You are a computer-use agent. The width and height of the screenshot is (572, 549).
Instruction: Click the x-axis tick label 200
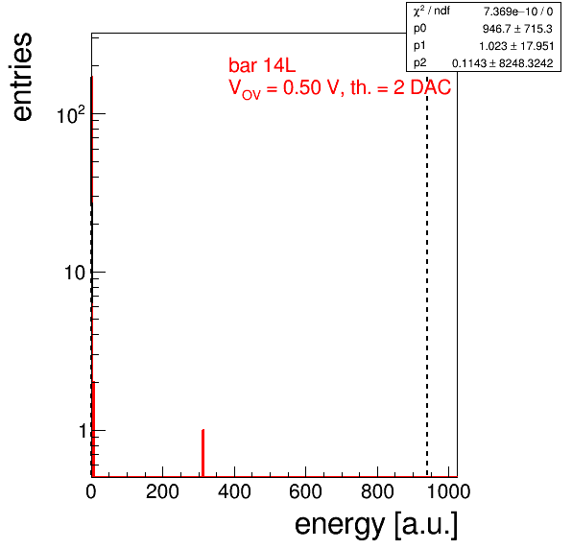(162, 491)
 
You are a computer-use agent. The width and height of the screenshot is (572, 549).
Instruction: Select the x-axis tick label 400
(234, 491)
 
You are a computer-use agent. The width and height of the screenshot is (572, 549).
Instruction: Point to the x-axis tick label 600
(306, 491)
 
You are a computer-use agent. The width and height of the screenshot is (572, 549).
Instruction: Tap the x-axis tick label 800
(377, 491)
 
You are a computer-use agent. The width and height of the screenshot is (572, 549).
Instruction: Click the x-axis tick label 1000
(448, 491)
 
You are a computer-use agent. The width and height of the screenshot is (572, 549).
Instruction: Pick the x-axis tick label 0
(91, 491)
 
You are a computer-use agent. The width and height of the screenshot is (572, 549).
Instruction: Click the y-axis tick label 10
(75, 273)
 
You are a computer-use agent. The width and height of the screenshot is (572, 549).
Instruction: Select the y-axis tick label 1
(83, 431)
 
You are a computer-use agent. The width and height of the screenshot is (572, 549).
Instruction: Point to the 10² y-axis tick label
(71, 114)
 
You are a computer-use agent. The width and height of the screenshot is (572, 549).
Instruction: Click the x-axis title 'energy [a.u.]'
(376, 525)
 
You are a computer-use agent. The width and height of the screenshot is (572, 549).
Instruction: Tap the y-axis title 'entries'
(22, 77)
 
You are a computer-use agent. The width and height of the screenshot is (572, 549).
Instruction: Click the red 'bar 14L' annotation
(262, 65)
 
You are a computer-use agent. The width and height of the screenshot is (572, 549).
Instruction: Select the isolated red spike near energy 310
(203, 453)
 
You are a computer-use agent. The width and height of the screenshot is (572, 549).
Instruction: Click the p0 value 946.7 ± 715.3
(517, 29)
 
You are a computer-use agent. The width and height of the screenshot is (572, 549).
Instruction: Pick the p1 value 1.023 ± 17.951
(516, 46)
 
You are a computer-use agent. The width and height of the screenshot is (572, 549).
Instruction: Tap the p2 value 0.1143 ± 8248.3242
(502, 63)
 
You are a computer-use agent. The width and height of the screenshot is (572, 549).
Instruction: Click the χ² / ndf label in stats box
(432, 12)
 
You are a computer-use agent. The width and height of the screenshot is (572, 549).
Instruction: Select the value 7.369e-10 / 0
(518, 12)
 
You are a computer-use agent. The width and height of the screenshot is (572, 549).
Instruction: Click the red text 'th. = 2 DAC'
(400, 87)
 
